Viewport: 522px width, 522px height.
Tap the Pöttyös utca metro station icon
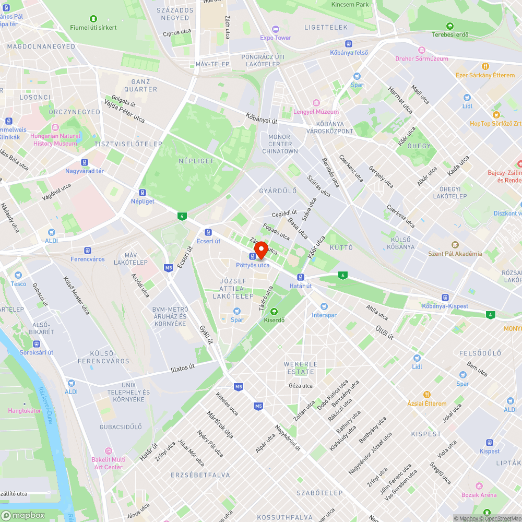pyautogui.click(x=253, y=256)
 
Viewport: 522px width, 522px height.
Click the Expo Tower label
pyautogui.click(x=276, y=38)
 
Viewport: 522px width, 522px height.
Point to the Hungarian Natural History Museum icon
pyautogui.click(x=55, y=127)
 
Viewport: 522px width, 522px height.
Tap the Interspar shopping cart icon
pyautogui.click(x=325, y=306)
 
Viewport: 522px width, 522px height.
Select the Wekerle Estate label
pyautogui.click(x=300, y=368)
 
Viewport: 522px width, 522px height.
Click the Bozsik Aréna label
pyautogui.click(x=479, y=494)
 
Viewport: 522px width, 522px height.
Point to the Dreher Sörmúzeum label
pyautogui.click(x=422, y=58)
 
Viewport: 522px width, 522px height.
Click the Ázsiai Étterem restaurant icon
pyautogui.click(x=427, y=395)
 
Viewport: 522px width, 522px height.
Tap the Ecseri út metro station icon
pyautogui.click(x=208, y=232)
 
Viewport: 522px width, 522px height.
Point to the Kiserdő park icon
pyautogui.click(x=274, y=312)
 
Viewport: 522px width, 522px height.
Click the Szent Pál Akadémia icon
pyautogui.click(x=455, y=245)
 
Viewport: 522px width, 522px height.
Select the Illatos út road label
pyautogui.click(x=183, y=368)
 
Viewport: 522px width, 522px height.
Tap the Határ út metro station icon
pyautogui.click(x=301, y=277)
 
